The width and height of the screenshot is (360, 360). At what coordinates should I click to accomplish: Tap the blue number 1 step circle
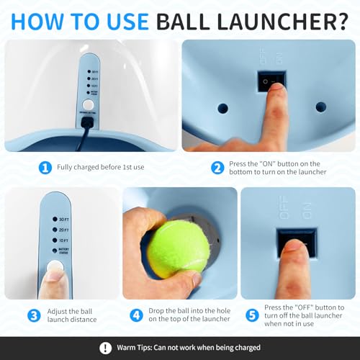pyautogui.click(x=45, y=167)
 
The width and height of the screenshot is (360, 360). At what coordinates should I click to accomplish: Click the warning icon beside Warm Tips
pyautogui.click(x=105, y=348)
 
